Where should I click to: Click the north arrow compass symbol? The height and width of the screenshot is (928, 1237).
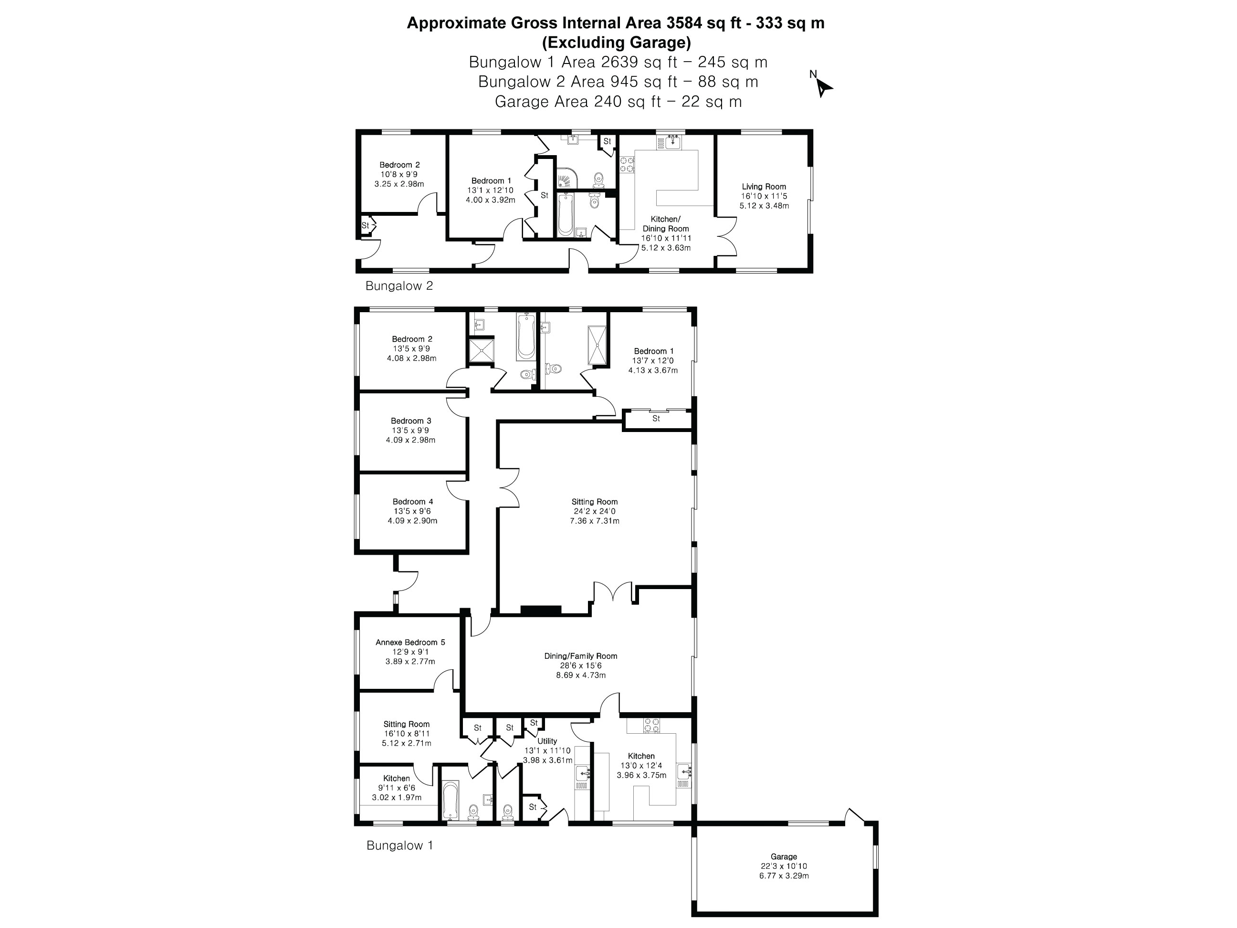coord(822,85)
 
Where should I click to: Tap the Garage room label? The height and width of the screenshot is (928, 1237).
coord(784,856)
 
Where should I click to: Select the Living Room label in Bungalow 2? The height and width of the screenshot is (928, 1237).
coord(764,186)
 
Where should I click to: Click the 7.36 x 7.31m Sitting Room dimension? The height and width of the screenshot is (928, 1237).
coord(595,521)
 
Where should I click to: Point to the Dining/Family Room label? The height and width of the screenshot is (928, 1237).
coord(580,656)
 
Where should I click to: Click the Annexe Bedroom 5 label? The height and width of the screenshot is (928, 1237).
coord(410,642)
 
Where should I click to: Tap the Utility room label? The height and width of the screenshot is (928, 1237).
coord(547,741)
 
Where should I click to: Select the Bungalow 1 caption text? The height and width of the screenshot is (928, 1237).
coord(399,845)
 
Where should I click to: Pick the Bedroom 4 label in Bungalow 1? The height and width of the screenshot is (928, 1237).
coord(413,502)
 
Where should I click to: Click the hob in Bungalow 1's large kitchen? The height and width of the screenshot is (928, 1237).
coord(651,725)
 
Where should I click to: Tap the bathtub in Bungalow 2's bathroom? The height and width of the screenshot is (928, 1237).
coord(565,214)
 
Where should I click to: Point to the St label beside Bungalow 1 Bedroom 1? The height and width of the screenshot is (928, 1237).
coord(656,418)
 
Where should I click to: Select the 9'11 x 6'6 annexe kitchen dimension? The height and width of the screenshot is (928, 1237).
coord(397,788)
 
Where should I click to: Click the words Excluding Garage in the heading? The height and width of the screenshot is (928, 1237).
coord(616,42)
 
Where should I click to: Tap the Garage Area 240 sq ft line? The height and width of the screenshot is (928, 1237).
coord(618,102)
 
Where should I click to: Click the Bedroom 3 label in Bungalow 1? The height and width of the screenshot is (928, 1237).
coord(411,421)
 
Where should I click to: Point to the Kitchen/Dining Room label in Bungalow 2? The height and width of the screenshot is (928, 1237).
coord(665,224)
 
